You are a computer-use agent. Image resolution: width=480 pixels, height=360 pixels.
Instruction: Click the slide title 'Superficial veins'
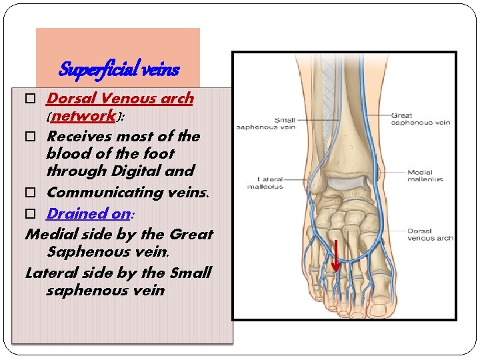pos(119,69)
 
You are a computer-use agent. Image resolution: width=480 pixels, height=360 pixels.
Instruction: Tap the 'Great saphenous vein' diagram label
pos(411,119)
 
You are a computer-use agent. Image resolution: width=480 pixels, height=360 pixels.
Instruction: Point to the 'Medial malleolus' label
pos(420,176)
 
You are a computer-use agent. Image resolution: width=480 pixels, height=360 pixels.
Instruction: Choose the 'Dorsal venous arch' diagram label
pos(430,235)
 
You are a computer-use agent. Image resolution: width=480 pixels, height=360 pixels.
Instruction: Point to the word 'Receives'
pos(78,137)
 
